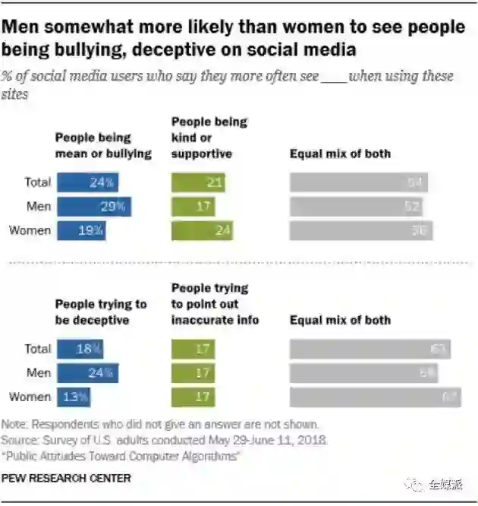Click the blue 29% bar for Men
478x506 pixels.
93,207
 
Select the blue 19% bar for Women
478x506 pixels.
81,231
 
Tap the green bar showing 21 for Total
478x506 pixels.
198,182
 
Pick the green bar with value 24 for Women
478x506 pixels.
202,231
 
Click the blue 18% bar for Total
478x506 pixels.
80,349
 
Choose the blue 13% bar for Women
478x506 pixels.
73,397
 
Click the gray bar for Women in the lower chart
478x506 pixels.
375,397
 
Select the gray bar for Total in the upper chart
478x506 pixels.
358,182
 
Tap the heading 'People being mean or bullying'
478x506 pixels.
102,145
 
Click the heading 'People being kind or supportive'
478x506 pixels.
209,138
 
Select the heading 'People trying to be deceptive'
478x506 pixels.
100,312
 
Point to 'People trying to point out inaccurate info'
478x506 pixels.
215,304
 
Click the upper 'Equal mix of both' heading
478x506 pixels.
340,153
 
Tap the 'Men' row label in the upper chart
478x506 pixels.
39,207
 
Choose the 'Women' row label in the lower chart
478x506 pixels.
30,397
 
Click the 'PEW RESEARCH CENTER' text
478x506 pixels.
66,478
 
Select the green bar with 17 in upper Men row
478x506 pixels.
193,207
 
